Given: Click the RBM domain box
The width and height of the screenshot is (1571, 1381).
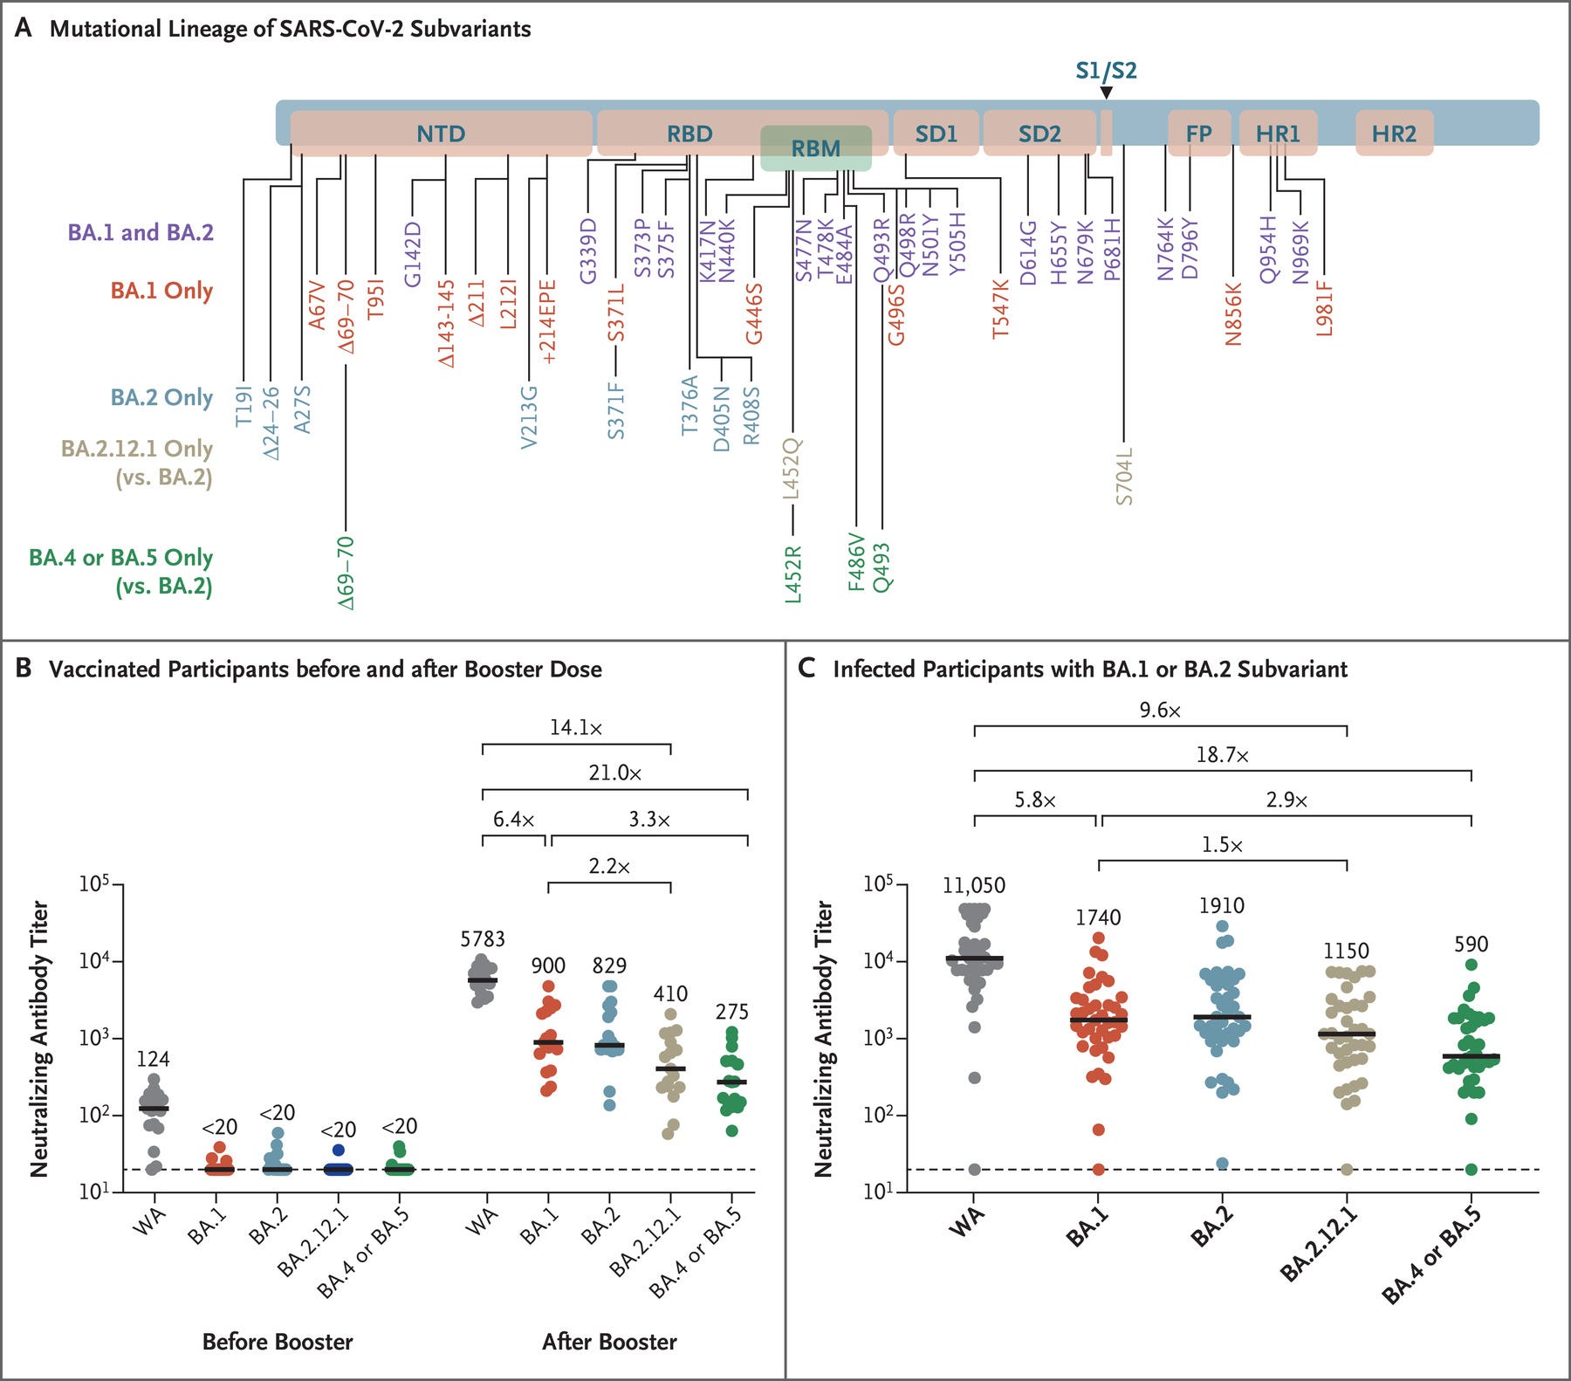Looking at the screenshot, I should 815,148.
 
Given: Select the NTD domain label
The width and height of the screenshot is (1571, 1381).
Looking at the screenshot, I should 441,134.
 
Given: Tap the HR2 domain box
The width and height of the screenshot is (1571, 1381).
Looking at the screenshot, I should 1394,134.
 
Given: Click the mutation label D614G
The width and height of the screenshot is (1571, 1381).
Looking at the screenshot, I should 1028,252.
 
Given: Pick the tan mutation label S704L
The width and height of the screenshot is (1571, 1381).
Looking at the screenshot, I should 1124,477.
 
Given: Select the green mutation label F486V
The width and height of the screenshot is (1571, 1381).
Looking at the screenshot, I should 857,563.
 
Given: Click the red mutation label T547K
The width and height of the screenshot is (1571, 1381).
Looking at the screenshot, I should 1000,308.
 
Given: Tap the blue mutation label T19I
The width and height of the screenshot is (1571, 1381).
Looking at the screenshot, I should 244,406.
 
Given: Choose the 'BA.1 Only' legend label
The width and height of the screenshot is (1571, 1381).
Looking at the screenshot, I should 161,290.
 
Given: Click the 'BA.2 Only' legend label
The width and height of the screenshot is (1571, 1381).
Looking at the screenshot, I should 161,397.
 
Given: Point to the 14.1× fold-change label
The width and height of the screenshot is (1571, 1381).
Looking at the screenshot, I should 576,727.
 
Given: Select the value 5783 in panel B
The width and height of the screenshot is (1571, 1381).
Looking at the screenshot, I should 483,939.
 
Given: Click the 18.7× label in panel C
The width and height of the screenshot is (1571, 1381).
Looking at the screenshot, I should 1222,755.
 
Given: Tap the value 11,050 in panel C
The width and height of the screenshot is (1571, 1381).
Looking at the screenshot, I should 974,885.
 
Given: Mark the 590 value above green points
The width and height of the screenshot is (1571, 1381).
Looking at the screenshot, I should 1471,944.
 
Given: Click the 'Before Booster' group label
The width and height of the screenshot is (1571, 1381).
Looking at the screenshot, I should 278,1341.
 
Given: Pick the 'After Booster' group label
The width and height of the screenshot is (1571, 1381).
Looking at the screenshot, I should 609,1341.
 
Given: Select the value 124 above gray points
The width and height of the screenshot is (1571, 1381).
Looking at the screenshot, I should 154,1059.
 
